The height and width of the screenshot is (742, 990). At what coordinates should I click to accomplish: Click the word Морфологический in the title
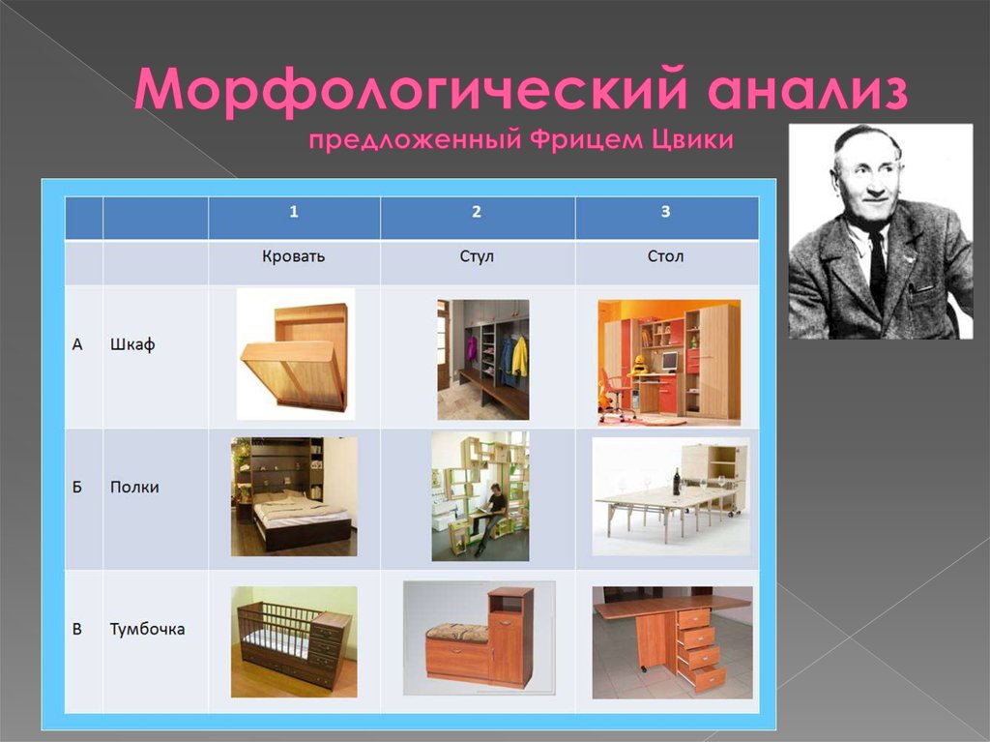pyautogui.click(x=410, y=90)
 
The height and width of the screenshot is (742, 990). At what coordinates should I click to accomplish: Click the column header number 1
pyautogui.click(x=294, y=212)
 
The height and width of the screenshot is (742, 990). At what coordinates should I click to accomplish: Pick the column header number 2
pyautogui.click(x=477, y=212)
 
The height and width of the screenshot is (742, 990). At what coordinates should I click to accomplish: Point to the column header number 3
pyautogui.click(x=665, y=212)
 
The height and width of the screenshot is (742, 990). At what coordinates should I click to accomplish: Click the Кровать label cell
pyautogui.click(x=294, y=256)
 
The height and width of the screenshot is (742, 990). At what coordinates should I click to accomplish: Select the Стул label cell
pyautogui.click(x=477, y=256)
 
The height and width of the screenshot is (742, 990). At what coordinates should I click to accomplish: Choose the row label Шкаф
pyautogui.click(x=132, y=344)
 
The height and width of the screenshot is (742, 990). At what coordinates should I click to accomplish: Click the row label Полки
pyautogui.click(x=134, y=488)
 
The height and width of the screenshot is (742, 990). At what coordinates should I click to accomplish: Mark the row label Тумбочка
pyautogui.click(x=147, y=630)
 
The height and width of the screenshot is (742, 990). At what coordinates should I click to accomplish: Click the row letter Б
pyautogui.click(x=77, y=488)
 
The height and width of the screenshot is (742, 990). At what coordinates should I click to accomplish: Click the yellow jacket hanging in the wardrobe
pyautogui.click(x=519, y=356)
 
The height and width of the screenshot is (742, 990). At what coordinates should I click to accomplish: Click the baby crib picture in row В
pyautogui.click(x=294, y=642)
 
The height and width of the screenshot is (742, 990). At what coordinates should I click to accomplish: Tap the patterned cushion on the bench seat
pyautogui.click(x=457, y=631)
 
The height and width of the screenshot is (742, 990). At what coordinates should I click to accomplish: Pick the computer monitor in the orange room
pyautogui.click(x=669, y=362)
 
